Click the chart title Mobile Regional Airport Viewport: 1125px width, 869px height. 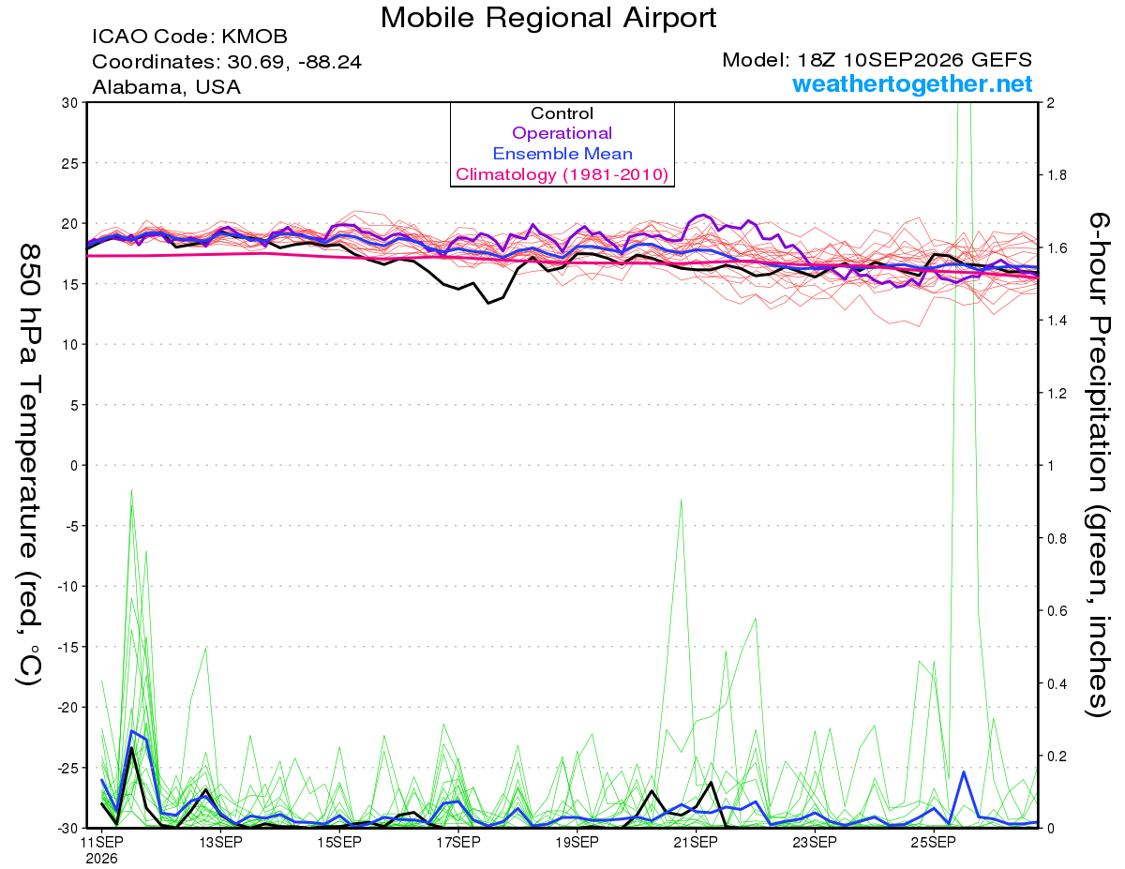tap(548, 18)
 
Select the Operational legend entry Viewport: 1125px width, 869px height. tap(562, 133)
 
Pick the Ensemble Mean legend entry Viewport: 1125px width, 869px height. tap(562, 154)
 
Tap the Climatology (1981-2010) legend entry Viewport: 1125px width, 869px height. tap(562, 174)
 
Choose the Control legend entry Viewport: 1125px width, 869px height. tap(562, 113)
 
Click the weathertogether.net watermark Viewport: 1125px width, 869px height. tap(912, 83)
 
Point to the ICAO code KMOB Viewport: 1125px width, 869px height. tap(254, 37)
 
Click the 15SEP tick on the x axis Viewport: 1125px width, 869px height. tap(339, 842)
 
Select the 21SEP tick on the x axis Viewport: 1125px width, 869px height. tap(696, 842)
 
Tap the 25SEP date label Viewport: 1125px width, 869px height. tap(933, 842)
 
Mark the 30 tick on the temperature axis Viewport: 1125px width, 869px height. tap(70, 103)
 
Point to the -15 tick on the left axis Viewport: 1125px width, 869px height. tap(67, 647)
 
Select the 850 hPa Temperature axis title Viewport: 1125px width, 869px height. tap(29, 465)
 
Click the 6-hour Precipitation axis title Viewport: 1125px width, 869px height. tap(1098, 465)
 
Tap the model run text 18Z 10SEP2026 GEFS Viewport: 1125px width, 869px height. tap(914, 60)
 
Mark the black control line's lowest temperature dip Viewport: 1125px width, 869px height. tap(488, 303)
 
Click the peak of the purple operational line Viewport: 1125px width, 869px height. tap(702, 215)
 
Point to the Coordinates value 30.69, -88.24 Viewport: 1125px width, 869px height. tap(294, 62)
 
